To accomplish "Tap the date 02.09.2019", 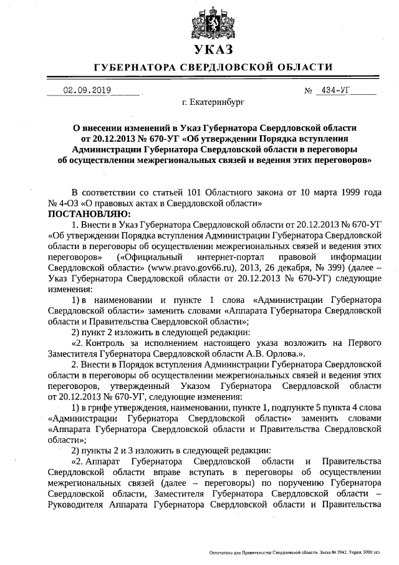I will [87, 90].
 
